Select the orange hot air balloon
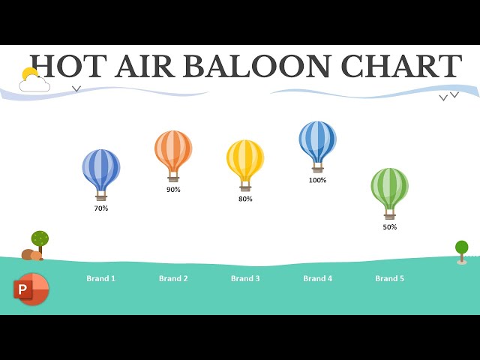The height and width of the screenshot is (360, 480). click(x=173, y=149)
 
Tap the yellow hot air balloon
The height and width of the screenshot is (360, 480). click(x=245, y=158)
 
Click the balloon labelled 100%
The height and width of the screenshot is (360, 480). click(x=317, y=139)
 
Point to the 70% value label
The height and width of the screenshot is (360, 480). click(x=101, y=208)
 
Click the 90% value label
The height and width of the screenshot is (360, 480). click(x=173, y=190)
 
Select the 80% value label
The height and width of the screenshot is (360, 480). click(x=245, y=199)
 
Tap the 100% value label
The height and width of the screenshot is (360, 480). click(x=317, y=180)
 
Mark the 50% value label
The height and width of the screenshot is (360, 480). click(x=390, y=227)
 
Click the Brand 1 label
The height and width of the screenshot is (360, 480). click(x=101, y=279)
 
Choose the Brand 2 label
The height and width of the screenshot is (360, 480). click(x=173, y=279)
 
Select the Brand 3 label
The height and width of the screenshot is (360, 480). click(x=245, y=279)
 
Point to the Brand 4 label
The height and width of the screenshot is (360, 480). click(x=317, y=279)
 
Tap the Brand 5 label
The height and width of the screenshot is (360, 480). click(x=389, y=279)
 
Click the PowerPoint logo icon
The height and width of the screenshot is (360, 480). click(x=31, y=289)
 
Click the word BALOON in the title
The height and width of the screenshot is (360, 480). click(x=258, y=67)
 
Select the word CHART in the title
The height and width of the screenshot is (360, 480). click(x=400, y=67)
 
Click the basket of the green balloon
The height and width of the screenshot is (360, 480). click(x=390, y=215)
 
